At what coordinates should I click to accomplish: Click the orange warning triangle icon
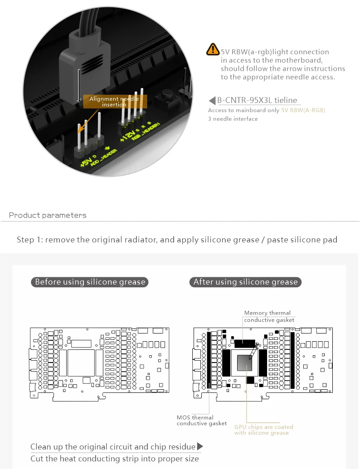coord(212,49)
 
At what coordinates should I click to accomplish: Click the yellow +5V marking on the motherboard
coord(85,162)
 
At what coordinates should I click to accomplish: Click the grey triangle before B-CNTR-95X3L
coord(212,101)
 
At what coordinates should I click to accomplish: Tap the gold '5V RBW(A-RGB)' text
coord(303,110)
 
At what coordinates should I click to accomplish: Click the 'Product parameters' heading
coord(48,215)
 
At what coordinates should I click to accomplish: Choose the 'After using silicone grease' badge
coord(245,282)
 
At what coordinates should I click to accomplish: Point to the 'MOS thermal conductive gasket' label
coord(201,421)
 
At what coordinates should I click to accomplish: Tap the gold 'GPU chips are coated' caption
coord(263,427)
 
